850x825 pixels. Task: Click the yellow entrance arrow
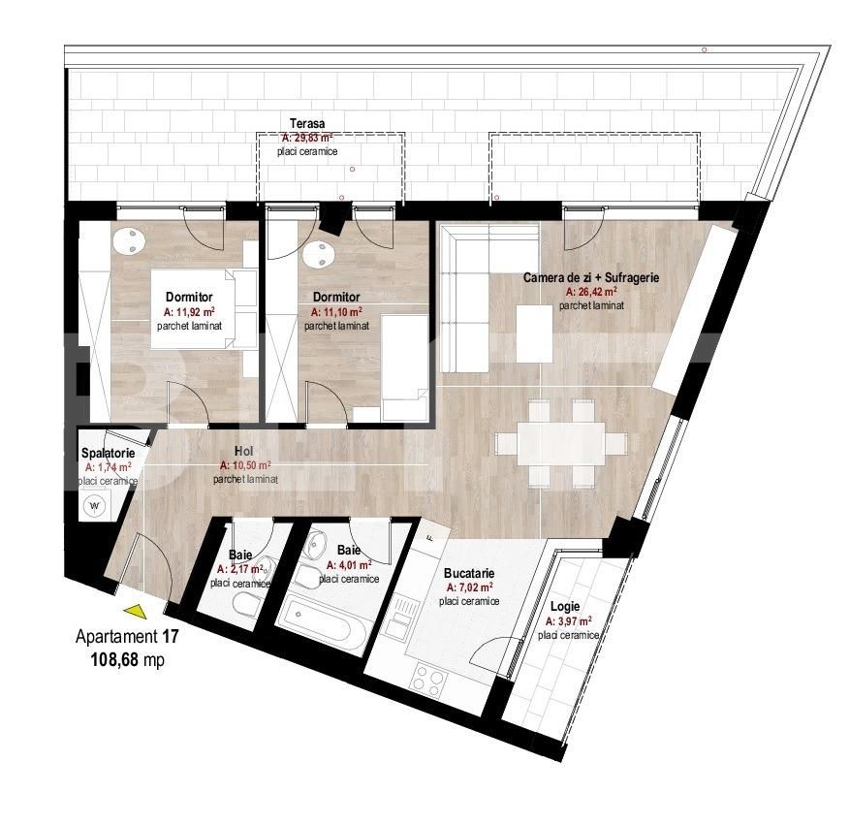[137, 612]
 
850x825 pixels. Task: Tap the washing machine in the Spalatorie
[95, 506]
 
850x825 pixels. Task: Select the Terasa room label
[307, 123]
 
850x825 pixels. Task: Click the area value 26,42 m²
[591, 292]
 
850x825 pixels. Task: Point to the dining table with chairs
[561, 443]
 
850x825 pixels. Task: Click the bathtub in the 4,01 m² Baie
[322, 622]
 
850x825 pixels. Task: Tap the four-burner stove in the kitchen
[428, 680]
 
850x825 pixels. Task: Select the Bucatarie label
[469, 573]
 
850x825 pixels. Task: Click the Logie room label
[565, 607]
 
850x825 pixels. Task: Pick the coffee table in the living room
[534, 333]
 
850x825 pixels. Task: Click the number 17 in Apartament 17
[171, 636]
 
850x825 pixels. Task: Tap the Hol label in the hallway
[244, 451]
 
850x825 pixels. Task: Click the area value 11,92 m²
[189, 312]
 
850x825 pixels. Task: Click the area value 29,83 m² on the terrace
[307, 138]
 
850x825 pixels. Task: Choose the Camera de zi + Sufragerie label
[591, 277]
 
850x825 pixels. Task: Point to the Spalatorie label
[108, 453]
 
